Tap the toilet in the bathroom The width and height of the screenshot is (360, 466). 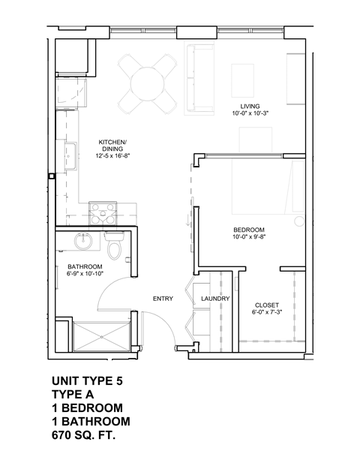pos(115,247)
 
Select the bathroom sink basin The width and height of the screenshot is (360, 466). pos(82,242)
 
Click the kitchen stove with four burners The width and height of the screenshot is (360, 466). pos(103,212)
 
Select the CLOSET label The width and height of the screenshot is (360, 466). pos(266,305)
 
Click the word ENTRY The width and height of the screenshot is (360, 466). pos(163,299)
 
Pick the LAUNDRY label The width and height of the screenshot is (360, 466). pos(214,299)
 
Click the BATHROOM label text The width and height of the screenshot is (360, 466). pos(85,266)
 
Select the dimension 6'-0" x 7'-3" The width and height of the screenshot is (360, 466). pos(266,312)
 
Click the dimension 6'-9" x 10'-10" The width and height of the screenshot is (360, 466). pos(85,274)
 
